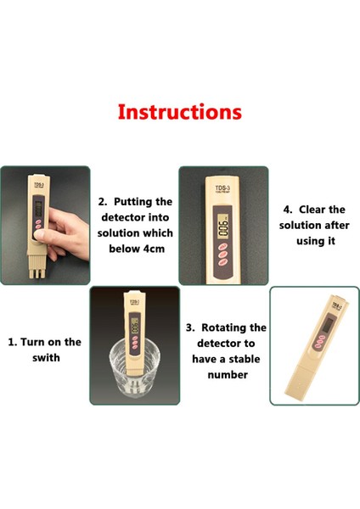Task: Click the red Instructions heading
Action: click(x=180, y=112)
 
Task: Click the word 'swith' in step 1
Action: click(x=46, y=358)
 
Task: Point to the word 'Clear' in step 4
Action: click(x=312, y=210)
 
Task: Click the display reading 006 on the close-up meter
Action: click(x=223, y=227)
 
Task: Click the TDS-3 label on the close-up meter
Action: click(x=222, y=189)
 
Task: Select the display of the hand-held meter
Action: click(x=38, y=209)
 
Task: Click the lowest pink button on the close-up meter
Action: click(x=223, y=261)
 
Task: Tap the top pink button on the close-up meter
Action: click(x=223, y=246)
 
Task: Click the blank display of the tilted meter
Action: click(x=328, y=325)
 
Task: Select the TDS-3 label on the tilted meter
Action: click(x=336, y=306)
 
